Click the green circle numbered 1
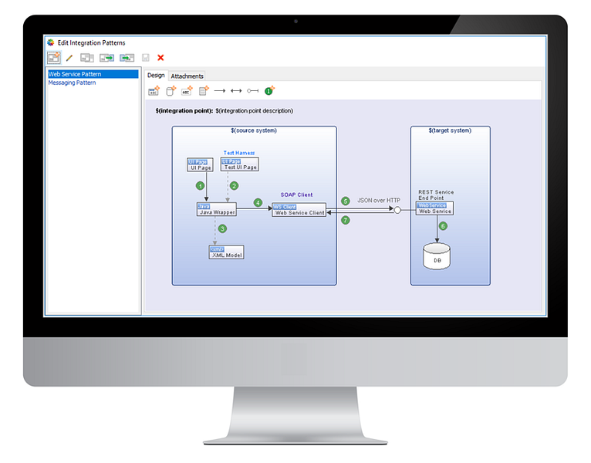click(201, 185)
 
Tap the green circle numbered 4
click(258, 203)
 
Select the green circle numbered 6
click(443, 226)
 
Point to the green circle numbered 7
click(345, 221)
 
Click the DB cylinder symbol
click(437, 256)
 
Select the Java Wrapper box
click(216, 209)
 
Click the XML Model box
click(226, 252)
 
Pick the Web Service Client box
click(299, 210)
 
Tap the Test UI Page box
click(239, 164)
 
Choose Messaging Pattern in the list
click(73, 83)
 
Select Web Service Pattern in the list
click(75, 74)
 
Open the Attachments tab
click(187, 76)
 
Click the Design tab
click(156, 75)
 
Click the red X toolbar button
click(160, 57)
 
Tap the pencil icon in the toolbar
click(69, 57)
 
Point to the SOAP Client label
click(297, 195)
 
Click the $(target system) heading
click(450, 130)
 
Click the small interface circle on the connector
click(398, 209)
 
